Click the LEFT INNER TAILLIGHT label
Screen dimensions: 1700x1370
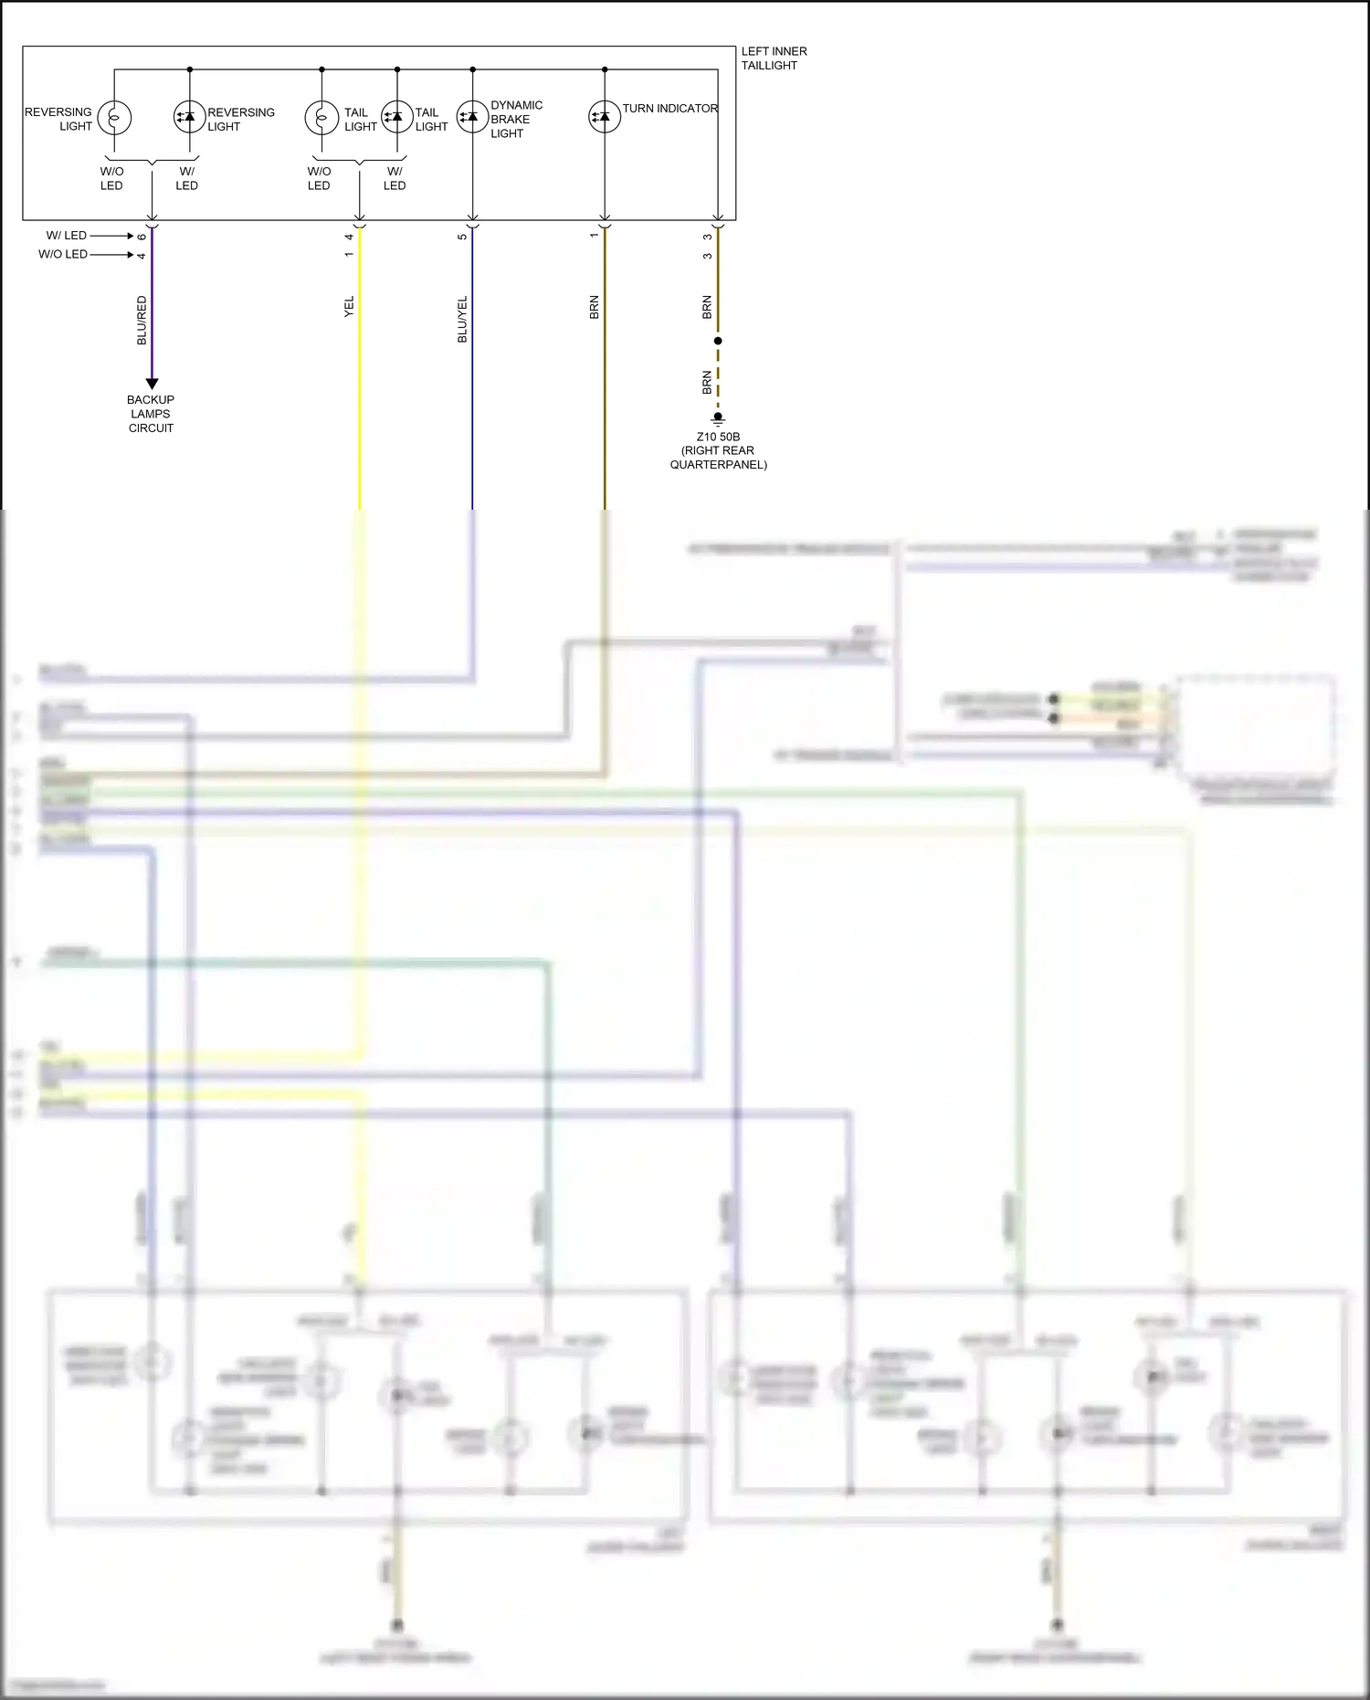click(x=773, y=58)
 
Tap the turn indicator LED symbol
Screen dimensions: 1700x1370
click(x=604, y=117)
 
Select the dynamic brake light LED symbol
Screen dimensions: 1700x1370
click(x=472, y=117)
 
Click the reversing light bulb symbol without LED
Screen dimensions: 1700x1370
click(x=114, y=117)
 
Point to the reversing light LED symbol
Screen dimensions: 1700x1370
click(x=189, y=117)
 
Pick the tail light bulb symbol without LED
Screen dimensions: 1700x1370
click(x=321, y=117)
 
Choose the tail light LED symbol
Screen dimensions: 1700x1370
click(x=396, y=117)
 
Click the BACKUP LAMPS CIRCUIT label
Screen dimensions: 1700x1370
click(x=151, y=414)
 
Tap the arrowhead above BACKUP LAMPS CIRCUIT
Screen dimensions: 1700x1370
click(x=152, y=384)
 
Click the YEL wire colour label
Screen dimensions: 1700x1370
click(x=349, y=307)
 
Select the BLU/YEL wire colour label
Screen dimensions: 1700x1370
click(x=462, y=319)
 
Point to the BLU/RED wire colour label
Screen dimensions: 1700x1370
click(x=142, y=320)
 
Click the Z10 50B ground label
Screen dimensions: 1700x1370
click(x=718, y=450)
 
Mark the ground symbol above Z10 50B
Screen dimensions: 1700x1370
click(x=718, y=419)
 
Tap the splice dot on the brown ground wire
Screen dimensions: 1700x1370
click(x=718, y=341)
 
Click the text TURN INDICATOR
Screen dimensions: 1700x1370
click(x=670, y=109)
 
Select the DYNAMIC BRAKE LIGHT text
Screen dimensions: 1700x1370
click(x=516, y=120)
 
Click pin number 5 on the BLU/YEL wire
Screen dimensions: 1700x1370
click(x=462, y=237)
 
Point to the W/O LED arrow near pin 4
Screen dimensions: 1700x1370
click(x=111, y=255)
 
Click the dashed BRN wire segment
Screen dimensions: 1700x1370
click(x=718, y=379)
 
